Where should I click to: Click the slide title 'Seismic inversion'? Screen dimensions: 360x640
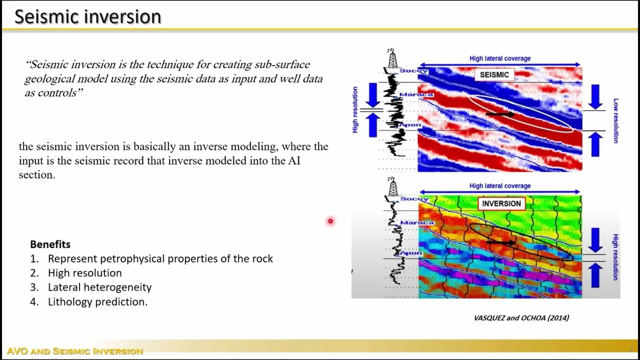[x=87, y=16]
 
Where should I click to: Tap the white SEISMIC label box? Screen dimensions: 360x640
[x=494, y=75]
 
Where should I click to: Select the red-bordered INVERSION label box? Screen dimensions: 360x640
[x=501, y=203]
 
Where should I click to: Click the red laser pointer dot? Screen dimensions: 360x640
[x=330, y=221]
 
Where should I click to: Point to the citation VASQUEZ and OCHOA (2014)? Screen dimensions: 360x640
[x=521, y=317]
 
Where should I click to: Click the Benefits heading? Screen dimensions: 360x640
[x=50, y=244]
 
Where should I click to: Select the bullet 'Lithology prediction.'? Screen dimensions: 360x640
[x=97, y=301]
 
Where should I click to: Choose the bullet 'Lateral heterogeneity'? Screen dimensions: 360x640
[x=99, y=287]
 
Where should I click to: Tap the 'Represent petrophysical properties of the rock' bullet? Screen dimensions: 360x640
[x=160, y=258]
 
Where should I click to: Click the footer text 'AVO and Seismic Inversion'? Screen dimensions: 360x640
[x=75, y=351]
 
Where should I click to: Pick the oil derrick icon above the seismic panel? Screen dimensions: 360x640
[x=392, y=58]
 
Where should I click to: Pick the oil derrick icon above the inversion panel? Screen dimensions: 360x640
[x=392, y=186]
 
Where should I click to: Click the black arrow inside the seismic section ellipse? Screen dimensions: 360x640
[x=499, y=114]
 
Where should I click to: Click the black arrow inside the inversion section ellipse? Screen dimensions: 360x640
[x=500, y=242]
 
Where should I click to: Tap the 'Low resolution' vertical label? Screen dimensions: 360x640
[x=615, y=120]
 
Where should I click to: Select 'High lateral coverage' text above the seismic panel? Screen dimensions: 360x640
[x=499, y=58]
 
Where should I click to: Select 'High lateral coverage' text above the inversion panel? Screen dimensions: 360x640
[x=499, y=186]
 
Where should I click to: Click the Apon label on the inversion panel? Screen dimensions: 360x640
[x=411, y=253]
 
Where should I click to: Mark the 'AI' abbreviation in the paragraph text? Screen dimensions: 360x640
[x=294, y=161]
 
